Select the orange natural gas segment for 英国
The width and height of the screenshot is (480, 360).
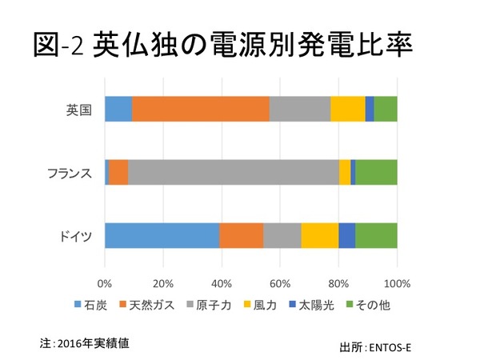coord(200,108)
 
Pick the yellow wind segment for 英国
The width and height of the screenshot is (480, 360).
coord(348,108)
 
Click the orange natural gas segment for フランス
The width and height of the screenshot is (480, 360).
coord(118,172)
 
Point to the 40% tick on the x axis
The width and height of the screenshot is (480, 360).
coord(222,282)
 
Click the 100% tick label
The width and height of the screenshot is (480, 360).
coord(397,282)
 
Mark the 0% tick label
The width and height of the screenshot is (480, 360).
coord(105,282)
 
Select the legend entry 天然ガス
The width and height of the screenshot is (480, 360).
coord(150,305)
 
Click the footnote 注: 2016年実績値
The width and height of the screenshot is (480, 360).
coord(85,342)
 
